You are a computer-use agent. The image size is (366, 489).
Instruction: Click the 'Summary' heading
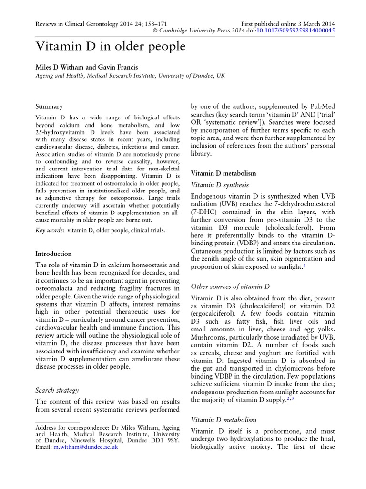point(49,106)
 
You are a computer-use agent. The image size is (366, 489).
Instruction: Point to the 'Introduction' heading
point(54,254)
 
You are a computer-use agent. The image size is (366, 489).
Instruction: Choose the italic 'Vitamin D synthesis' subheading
point(219,185)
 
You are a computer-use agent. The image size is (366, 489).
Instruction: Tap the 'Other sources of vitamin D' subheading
point(230,287)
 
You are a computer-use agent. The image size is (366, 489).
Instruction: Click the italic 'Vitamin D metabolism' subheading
point(224,420)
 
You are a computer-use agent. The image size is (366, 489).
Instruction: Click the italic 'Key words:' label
point(50,230)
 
